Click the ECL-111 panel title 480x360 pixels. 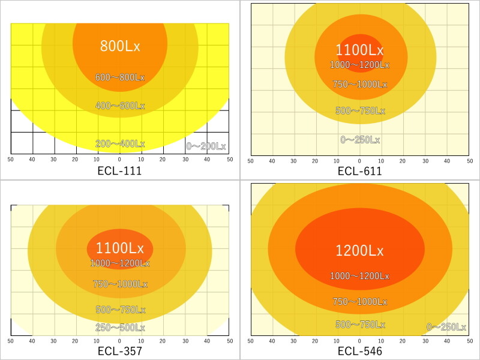coord(119,171)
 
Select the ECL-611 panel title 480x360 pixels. coord(359,171)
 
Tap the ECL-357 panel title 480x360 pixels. coord(119,351)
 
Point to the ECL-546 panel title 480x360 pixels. coord(359,351)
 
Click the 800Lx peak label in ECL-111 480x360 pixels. coord(120,46)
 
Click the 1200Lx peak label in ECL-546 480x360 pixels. coord(360,251)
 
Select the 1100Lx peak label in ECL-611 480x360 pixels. coord(360,50)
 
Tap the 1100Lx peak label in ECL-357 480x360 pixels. coord(120,248)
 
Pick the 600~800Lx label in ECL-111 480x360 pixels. coord(120,77)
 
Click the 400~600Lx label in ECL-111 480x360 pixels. coord(120,106)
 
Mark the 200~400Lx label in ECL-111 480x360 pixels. coord(120,144)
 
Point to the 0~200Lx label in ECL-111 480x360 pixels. coord(206,146)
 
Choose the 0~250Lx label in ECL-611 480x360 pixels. coord(360,140)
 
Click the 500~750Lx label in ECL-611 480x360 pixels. coord(360,111)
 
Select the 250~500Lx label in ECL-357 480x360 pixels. coord(120,328)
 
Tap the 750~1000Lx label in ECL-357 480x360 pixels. coord(120,284)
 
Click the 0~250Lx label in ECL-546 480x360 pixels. coord(446,327)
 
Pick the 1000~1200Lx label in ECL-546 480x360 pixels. coord(360,277)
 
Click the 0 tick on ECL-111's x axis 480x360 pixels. coord(119,159)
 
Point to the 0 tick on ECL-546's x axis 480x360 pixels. coord(359,340)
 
